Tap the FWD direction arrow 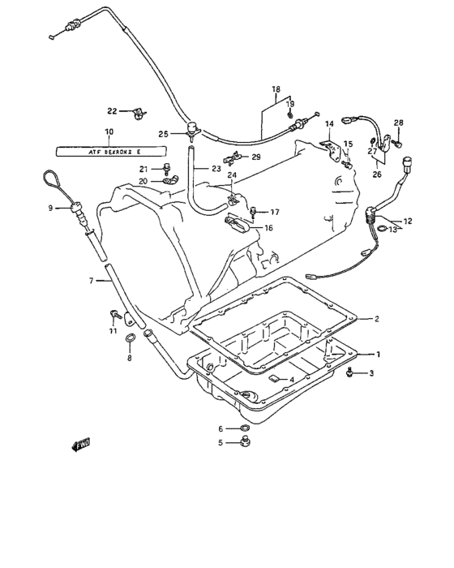click(81, 444)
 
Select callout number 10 click(109, 131)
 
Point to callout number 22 click(113, 110)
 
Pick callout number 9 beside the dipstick click(49, 208)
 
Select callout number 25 click(164, 133)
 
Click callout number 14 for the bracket click(330, 124)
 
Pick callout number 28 click(398, 123)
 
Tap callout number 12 click(407, 220)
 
